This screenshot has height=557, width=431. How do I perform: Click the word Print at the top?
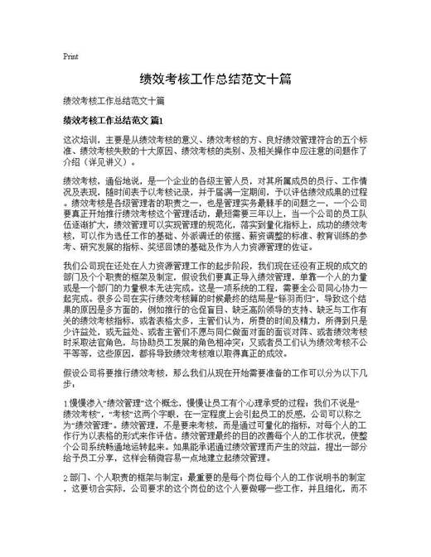click(70, 57)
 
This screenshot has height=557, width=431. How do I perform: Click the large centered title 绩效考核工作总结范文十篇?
click(215, 81)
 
